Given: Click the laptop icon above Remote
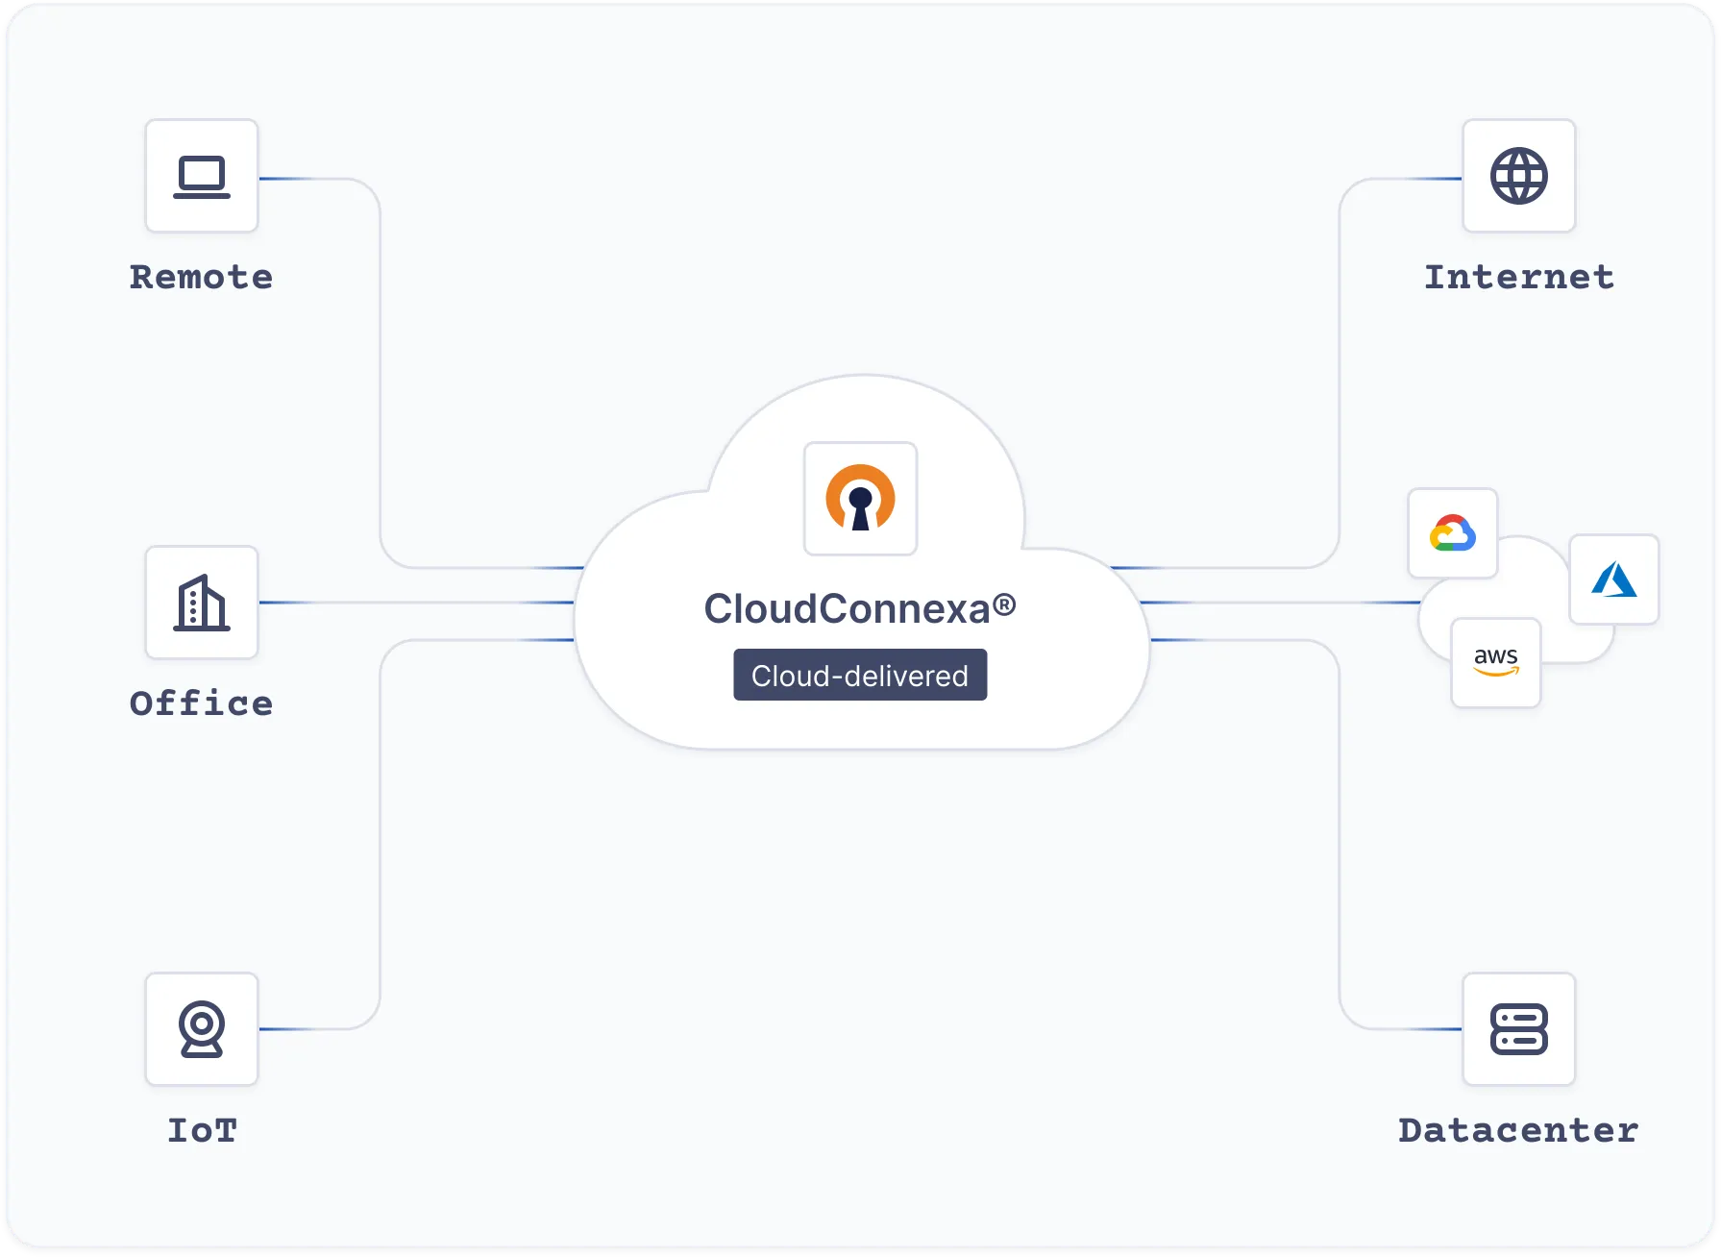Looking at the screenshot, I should point(202,177).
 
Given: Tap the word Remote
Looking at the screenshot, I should point(202,278).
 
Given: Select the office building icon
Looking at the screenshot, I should point(202,604).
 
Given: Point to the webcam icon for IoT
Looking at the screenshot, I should point(202,1029).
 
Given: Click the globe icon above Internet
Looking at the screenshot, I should point(1518,177).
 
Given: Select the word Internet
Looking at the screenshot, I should point(1518,278).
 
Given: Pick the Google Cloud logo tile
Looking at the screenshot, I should point(1452,533).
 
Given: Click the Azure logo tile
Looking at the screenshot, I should point(1613,579).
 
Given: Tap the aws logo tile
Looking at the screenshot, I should point(1495,662).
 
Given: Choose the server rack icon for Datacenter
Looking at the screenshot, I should point(1518,1029).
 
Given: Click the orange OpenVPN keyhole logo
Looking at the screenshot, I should point(860,499).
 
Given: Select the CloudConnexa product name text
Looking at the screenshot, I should point(846,609).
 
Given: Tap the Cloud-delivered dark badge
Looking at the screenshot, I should point(860,676).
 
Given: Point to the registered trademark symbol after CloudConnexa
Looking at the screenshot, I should point(1004,604).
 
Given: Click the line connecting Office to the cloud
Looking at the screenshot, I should point(413,603).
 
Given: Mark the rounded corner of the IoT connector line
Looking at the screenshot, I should point(371,1019).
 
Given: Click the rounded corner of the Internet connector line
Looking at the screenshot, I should point(1349,189).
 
